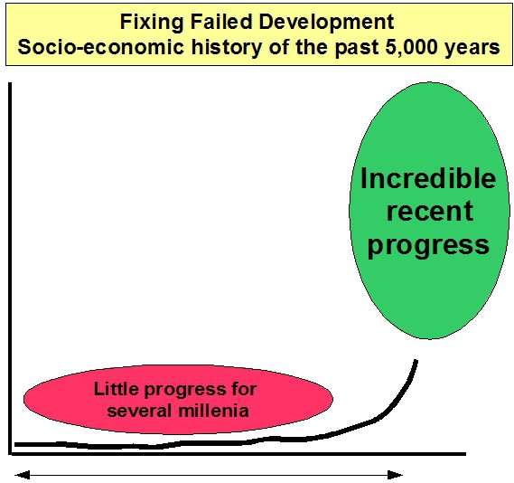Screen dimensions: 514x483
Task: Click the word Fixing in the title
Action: pos(152,23)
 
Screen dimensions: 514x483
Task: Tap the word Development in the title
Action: pos(326,23)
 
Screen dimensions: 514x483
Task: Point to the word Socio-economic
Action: pos(100,47)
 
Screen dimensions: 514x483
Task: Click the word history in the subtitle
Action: pos(227,48)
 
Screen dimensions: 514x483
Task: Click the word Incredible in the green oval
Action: pos(428,178)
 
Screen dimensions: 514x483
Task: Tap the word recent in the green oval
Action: pos(430,212)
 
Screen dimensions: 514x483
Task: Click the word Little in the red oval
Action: pos(116,389)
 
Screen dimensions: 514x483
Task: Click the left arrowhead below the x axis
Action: pos(23,475)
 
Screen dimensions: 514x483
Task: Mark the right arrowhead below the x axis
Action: pos(395,475)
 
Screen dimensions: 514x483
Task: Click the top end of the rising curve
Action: pos(416,361)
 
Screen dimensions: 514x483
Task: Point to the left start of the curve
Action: pos(15,445)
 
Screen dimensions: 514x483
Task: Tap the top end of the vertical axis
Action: pos(10,83)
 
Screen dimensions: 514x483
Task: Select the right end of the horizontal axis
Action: pos(465,454)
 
